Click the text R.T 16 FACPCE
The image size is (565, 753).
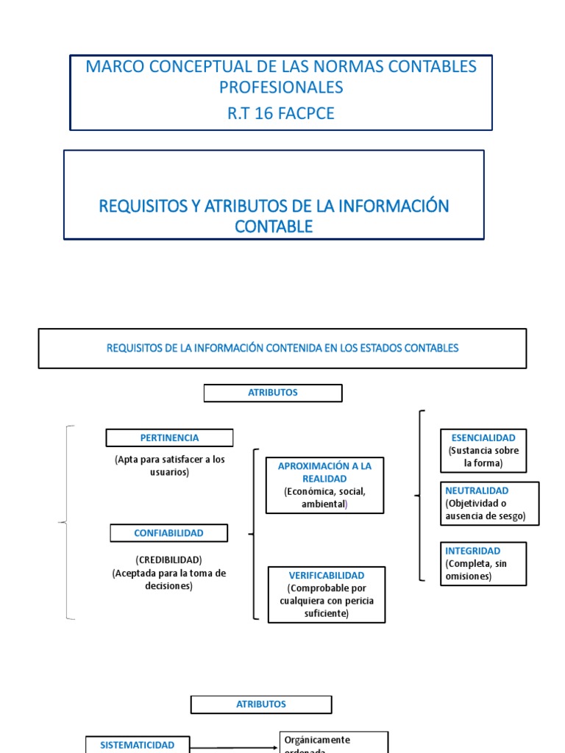281,113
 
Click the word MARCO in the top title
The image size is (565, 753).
113,66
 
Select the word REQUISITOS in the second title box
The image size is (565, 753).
143,206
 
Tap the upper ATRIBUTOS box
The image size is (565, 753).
273,393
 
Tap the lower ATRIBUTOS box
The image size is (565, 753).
260,704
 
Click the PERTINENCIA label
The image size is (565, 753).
169,438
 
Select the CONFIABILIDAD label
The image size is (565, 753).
168,532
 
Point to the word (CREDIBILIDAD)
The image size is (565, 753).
168,560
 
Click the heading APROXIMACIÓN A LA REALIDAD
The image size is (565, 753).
324,472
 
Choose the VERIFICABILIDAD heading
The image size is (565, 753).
327,575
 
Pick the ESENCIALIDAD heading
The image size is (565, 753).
483,438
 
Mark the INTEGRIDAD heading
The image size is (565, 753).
473,551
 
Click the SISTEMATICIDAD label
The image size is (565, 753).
138,745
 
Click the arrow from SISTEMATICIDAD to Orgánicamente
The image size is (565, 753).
235,747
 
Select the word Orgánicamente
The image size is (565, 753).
317,740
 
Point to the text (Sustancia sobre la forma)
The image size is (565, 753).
483,457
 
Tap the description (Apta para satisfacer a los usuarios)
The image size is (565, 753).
169,465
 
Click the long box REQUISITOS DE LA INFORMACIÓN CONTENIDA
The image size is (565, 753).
282,348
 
